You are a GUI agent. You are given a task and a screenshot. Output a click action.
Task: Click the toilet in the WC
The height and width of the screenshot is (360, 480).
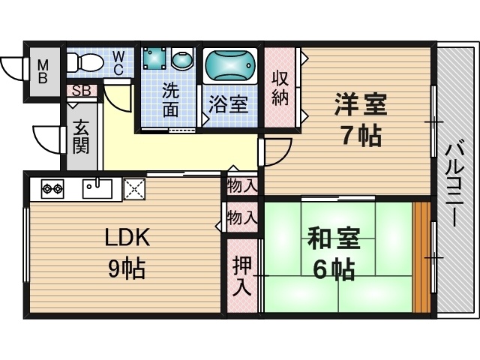85,62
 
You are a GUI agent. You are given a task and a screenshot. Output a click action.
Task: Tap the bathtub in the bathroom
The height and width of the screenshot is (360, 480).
230,65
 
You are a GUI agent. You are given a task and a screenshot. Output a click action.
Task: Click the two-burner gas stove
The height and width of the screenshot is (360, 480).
52,188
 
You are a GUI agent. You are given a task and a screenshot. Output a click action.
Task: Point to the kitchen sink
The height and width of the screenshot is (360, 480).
97,188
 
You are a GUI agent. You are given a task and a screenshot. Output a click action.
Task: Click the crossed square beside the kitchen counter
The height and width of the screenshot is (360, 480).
134,189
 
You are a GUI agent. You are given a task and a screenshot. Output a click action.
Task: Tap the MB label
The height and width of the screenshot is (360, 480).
43,72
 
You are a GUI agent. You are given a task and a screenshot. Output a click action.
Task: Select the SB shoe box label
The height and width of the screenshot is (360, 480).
82,91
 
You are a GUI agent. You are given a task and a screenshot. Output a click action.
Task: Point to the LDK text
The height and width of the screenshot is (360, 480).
127,237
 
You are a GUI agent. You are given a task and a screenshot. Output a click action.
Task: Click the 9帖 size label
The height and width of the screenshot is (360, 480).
127,268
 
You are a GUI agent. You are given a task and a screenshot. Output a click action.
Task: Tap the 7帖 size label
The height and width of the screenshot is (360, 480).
361,136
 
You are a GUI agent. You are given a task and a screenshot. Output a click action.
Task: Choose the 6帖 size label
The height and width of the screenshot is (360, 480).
334,270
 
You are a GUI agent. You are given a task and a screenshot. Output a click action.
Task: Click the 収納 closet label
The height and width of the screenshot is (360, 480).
280,88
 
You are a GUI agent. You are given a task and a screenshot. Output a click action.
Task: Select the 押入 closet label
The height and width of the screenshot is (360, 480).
241,276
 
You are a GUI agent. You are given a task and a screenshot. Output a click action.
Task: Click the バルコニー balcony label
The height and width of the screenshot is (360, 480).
455,185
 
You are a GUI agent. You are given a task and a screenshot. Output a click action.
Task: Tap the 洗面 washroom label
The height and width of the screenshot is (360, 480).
171,100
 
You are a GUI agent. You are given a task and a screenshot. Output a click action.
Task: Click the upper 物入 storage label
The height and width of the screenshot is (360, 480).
241,186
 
